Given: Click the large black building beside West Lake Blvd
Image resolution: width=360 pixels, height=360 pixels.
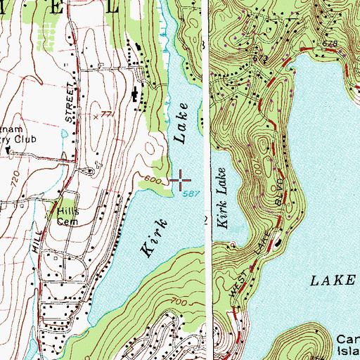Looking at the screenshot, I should pos(278,243).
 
